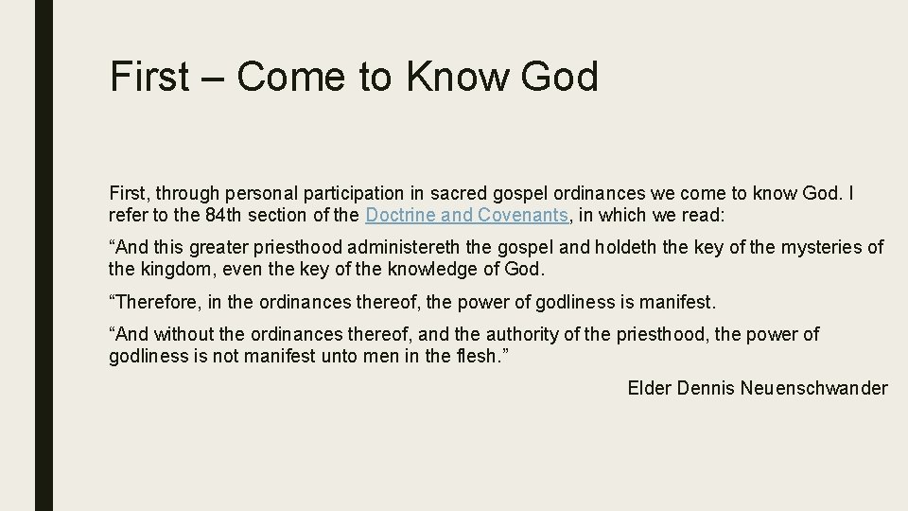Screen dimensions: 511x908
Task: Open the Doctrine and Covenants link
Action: point(466,215)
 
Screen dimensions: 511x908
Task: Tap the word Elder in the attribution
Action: point(650,388)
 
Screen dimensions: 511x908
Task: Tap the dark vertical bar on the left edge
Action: point(44,255)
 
